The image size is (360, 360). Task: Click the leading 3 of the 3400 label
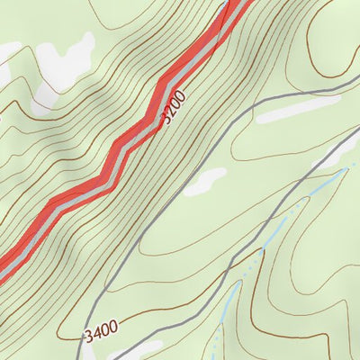88,337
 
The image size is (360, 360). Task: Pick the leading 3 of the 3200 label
167,118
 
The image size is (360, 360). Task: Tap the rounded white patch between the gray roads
205,180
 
